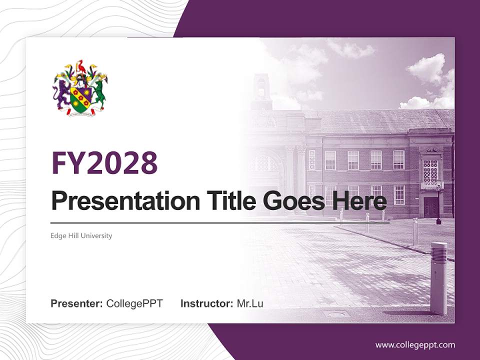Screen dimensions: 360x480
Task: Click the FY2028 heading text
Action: point(104,163)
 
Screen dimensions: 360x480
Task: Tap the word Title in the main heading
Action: point(229,201)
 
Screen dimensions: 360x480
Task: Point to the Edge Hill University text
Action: point(81,235)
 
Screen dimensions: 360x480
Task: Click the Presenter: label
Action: point(77,303)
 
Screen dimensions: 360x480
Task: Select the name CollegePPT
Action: point(134,303)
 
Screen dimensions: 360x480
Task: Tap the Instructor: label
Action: point(206,303)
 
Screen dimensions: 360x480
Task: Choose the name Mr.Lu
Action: point(250,303)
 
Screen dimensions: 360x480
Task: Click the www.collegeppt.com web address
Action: point(415,344)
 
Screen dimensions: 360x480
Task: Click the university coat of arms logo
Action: point(80,88)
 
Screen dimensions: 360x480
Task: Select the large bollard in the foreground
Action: point(438,278)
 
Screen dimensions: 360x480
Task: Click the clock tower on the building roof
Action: point(261,91)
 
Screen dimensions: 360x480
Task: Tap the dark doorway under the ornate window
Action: point(430,206)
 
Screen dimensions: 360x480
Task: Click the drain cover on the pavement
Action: point(335,314)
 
